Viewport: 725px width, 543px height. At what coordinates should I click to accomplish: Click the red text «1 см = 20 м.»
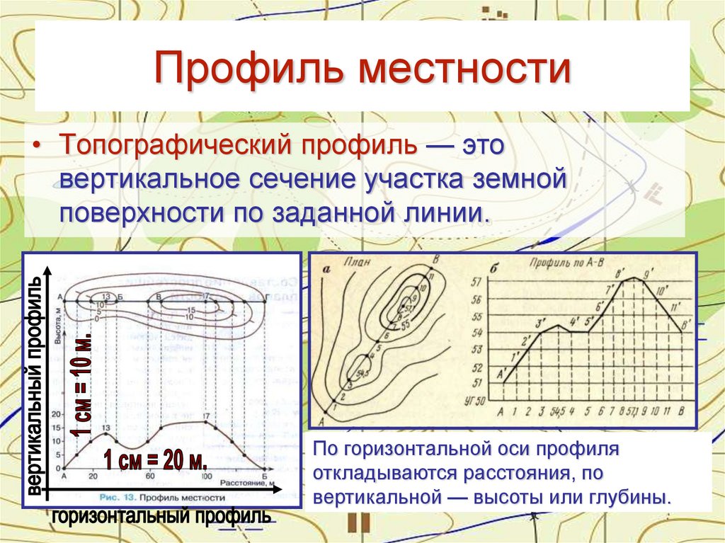156,461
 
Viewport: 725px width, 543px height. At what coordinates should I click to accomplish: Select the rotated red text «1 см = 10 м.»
83,383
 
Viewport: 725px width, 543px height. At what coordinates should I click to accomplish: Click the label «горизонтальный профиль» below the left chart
161,516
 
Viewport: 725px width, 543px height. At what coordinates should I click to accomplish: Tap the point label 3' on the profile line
542,324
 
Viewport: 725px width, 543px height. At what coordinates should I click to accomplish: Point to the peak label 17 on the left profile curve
207,416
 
